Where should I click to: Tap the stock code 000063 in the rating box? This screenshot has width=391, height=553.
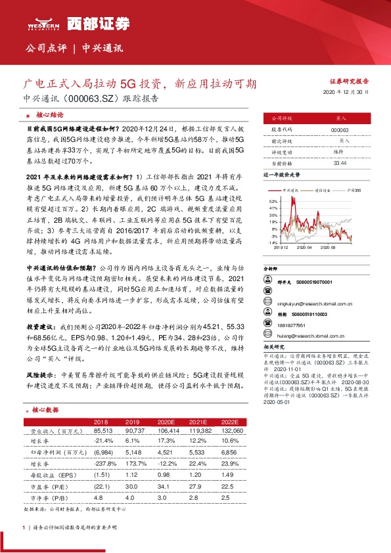click(x=340, y=130)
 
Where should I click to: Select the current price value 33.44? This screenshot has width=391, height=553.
click(x=340, y=162)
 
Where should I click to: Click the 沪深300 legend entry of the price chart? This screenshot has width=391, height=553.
click(x=353, y=189)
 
